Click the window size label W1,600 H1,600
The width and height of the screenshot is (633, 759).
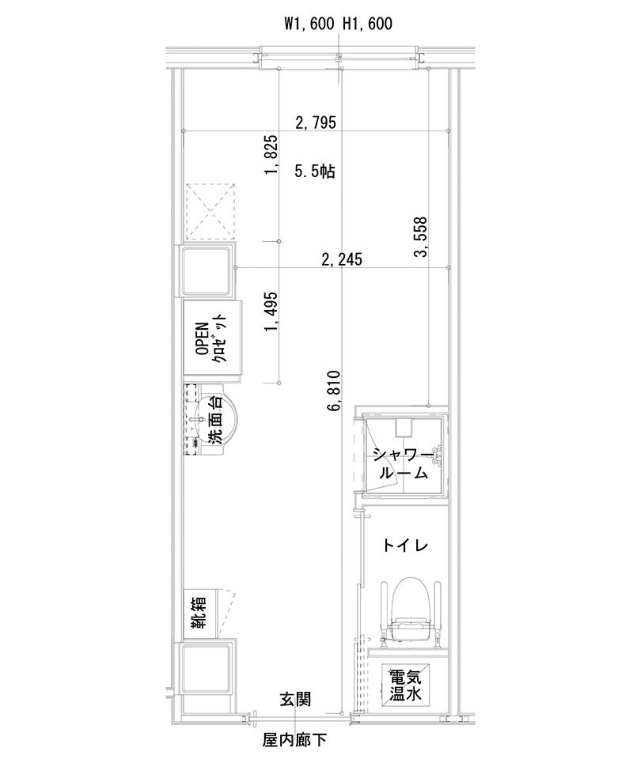(x=338, y=25)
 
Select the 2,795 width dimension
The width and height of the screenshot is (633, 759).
(x=316, y=122)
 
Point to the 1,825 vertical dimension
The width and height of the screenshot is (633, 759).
(x=271, y=158)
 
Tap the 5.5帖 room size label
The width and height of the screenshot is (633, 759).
(x=314, y=171)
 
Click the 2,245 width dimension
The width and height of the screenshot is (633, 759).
(x=341, y=259)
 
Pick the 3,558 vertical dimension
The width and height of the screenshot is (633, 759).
(x=420, y=237)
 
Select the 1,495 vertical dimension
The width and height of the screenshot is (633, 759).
(x=271, y=312)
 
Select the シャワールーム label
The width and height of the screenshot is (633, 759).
(x=403, y=464)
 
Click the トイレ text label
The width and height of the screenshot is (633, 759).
(x=405, y=546)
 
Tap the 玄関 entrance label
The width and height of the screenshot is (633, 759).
(x=294, y=699)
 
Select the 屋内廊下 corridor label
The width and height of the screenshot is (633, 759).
(x=294, y=741)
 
